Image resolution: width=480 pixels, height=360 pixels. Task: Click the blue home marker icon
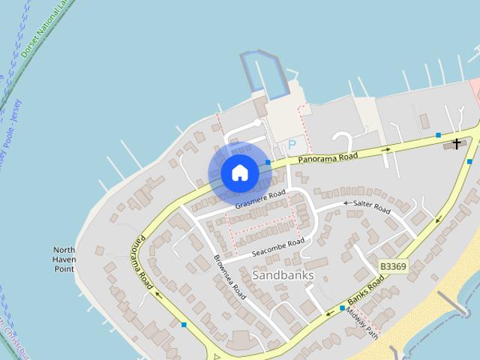tap(239, 173)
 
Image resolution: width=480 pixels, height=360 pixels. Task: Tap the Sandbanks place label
tap(283, 275)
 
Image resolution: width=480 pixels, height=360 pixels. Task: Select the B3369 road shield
tap(392, 266)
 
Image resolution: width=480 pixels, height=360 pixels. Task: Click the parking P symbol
tap(292, 144)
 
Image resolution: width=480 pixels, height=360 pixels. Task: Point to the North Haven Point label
tap(64, 259)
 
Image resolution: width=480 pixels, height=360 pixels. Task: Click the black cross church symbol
tap(456, 143)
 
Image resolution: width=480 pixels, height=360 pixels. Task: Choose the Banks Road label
tap(366, 287)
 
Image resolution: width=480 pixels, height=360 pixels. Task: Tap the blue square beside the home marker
tap(268, 162)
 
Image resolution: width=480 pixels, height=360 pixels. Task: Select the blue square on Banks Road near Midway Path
tap(342, 307)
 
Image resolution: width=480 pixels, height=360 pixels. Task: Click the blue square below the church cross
tap(469, 161)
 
